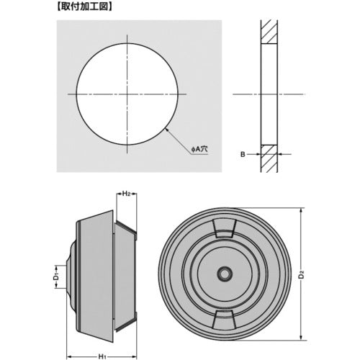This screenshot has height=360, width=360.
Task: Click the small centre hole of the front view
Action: click(226, 274)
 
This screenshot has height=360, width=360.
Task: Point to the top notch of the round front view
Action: click(226, 228)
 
